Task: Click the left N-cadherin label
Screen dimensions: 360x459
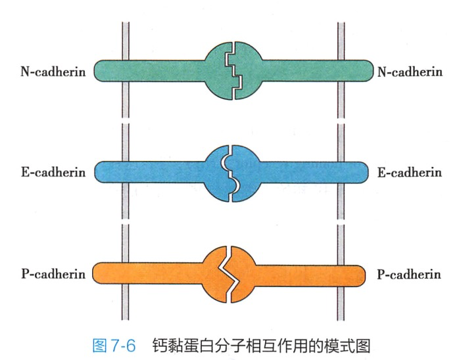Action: (x=53, y=71)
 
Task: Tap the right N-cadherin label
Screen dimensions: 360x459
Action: (x=408, y=71)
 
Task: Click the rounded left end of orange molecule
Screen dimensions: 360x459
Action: (x=99, y=272)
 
